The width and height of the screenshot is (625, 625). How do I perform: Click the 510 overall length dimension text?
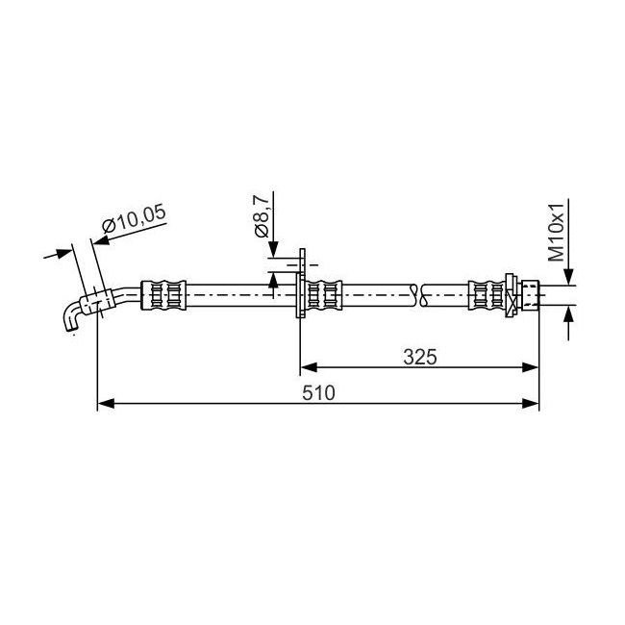point(318,393)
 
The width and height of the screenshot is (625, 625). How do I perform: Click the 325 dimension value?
point(420,357)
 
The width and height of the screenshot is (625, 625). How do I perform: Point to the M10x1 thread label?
point(557,232)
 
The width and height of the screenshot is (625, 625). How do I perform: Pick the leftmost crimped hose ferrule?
point(163,295)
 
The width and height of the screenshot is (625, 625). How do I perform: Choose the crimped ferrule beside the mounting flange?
point(324,295)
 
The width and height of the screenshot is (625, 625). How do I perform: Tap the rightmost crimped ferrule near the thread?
point(487,295)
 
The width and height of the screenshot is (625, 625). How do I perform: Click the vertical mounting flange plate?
point(301,284)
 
